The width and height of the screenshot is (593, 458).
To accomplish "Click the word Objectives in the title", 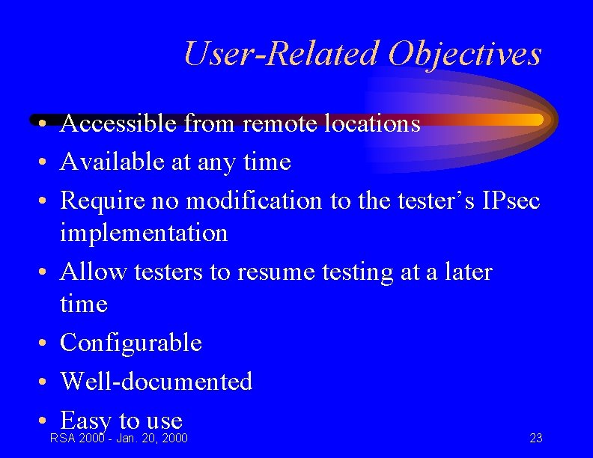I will pyautogui.click(x=464, y=54).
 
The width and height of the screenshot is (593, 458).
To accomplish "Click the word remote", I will pyautogui.click(x=276, y=123).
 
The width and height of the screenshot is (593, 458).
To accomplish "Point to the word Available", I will pyautogui.click(x=112, y=162).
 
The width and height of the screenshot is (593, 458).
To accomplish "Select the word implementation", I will pyautogui.click(x=144, y=233).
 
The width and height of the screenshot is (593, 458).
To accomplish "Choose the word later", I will pyautogui.click(x=466, y=272).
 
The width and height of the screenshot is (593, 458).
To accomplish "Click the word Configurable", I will pyautogui.click(x=131, y=343).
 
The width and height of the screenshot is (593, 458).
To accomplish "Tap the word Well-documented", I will pyautogui.click(x=156, y=382).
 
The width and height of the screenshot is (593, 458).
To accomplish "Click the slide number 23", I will pyautogui.click(x=536, y=439).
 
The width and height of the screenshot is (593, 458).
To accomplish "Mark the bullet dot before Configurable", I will pyautogui.click(x=46, y=343).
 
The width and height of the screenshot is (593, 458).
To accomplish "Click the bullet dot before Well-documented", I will pyautogui.click(x=46, y=382).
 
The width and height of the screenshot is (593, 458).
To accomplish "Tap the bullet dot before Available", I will pyautogui.click(x=46, y=162).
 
